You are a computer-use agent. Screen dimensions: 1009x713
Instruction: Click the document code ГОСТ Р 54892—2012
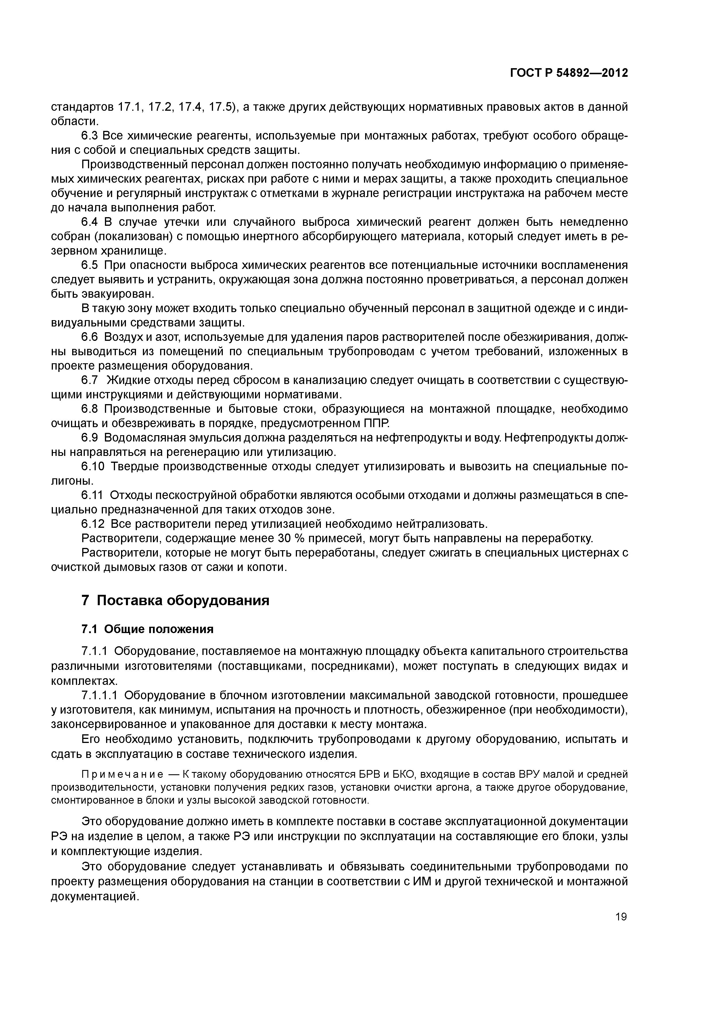[569, 73]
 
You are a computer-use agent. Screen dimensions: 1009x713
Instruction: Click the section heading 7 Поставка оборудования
[175, 600]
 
